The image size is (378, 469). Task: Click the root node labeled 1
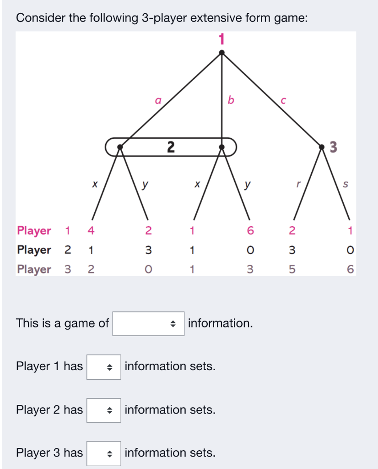[221, 53]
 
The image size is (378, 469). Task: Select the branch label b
[231, 100]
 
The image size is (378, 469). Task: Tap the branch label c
[283, 100]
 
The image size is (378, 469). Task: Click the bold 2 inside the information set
[171, 147]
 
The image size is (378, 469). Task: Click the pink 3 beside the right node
[333, 147]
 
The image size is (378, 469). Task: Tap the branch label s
[345, 185]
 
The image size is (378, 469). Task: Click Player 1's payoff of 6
[250, 230]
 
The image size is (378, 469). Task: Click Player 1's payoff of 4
[91, 230]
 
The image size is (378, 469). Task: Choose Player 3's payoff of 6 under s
[350, 269]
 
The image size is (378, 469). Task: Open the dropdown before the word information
[148, 323]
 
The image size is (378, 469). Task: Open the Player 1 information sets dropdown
[104, 366]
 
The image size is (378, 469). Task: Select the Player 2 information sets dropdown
[104, 409]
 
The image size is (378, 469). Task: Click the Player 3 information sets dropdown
[104, 453]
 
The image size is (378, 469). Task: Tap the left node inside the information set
[120, 147]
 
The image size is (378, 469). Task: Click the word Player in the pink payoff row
[34, 230]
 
